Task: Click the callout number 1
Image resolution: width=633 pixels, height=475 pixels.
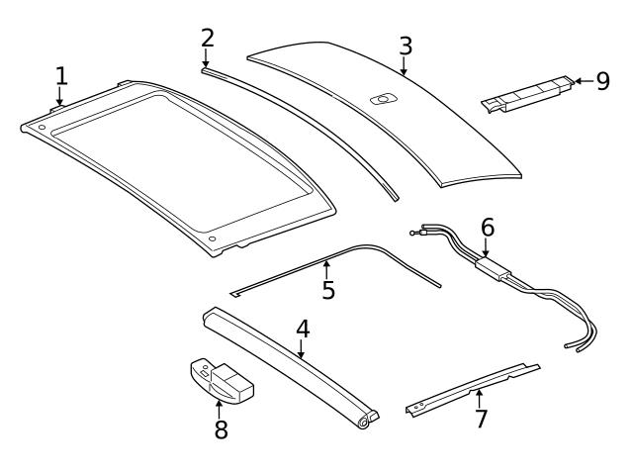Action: pyautogui.click(x=61, y=75)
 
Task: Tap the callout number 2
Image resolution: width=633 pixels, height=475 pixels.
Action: pyautogui.click(x=207, y=38)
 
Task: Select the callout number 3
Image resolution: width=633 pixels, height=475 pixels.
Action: pyautogui.click(x=406, y=46)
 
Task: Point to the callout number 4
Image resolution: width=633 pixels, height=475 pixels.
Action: pyautogui.click(x=303, y=329)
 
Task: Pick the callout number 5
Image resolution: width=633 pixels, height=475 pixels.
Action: pyautogui.click(x=328, y=289)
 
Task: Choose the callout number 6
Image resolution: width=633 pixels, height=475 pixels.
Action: pyautogui.click(x=487, y=228)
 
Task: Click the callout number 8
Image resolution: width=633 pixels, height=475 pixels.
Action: pyautogui.click(x=220, y=429)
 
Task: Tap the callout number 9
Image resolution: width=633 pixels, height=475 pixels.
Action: pyautogui.click(x=602, y=80)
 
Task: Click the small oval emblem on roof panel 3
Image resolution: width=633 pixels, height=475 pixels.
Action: pyautogui.click(x=382, y=98)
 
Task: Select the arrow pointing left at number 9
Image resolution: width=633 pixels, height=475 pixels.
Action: pyautogui.click(x=582, y=80)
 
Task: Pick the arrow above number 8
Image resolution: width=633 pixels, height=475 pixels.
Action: pyautogui.click(x=220, y=409)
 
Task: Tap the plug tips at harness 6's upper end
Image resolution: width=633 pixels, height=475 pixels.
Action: pyautogui.click(x=416, y=232)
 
